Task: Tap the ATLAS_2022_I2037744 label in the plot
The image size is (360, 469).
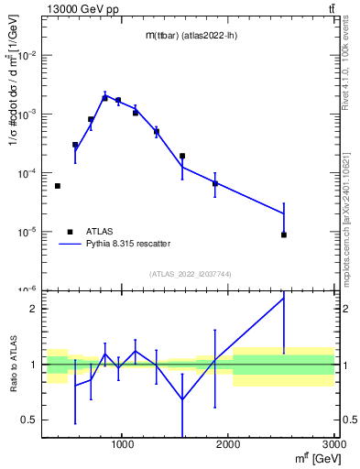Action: [x=190, y=275]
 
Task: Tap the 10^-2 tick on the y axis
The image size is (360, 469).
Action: [x=27, y=56]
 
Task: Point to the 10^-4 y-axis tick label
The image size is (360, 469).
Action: [x=27, y=173]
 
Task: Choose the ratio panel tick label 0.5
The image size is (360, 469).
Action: [x=29, y=420]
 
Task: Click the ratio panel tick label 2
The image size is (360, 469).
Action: [x=34, y=309]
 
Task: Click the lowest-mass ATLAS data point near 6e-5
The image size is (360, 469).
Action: [x=58, y=186]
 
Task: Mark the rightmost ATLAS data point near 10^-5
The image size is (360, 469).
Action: [x=284, y=234]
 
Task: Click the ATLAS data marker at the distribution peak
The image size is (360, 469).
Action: [x=105, y=97]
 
